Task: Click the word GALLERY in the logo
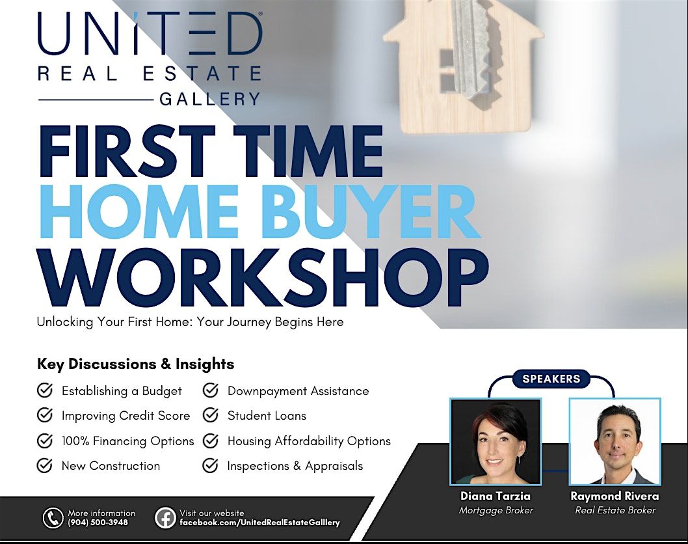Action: (x=209, y=99)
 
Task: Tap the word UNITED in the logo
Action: (x=150, y=33)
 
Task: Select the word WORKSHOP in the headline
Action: (x=263, y=279)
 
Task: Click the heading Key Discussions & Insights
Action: (x=135, y=364)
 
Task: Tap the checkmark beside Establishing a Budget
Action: (x=45, y=390)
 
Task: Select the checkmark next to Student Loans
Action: (x=210, y=415)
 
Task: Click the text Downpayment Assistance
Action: (x=298, y=391)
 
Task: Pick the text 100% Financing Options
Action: (x=127, y=441)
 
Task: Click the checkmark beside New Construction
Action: (x=45, y=465)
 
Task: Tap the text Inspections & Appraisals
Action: (x=295, y=466)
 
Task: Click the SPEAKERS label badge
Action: (x=551, y=379)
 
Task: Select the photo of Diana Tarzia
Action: (x=496, y=442)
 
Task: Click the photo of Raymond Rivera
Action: (x=615, y=442)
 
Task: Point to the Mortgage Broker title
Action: (x=496, y=510)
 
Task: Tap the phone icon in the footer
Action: (x=53, y=518)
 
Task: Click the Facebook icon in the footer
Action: (x=165, y=518)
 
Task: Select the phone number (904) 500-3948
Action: (x=98, y=523)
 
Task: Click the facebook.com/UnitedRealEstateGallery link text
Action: (x=259, y=523)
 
